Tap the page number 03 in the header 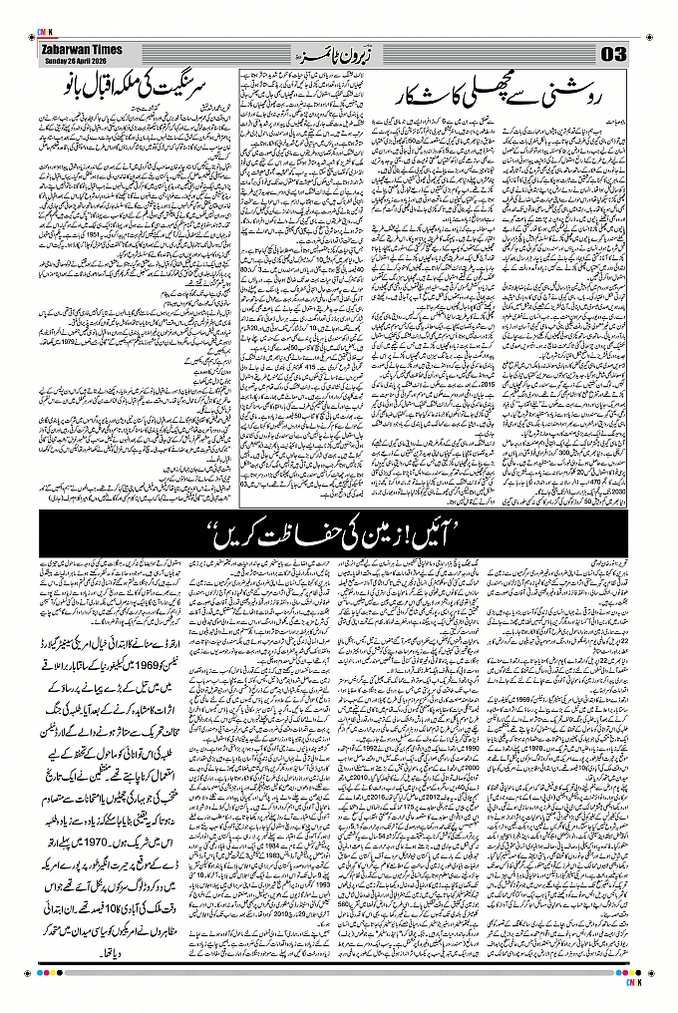611,52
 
